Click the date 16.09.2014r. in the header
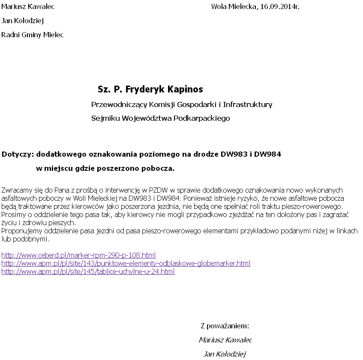280,7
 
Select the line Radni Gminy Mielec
33,35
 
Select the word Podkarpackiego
201,118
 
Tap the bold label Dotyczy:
18,154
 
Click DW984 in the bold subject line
267,154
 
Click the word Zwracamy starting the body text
16,190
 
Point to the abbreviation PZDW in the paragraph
157,190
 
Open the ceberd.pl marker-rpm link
78,255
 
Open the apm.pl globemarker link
126,263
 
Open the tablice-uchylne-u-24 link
88,271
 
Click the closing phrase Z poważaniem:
225,326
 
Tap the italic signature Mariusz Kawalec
225,340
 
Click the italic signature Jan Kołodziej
224,354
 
